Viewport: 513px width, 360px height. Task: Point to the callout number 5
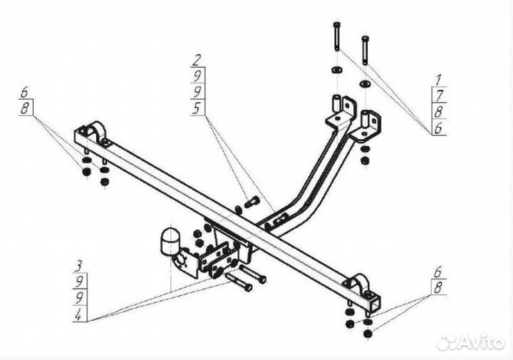click(x=197, y=109)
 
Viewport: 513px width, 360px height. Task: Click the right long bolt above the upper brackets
click(x=366, y=49)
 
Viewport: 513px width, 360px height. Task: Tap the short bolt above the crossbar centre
click(x=250, y=203)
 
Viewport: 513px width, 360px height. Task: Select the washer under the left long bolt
click(x=335, y=72)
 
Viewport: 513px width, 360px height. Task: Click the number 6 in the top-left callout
click(x=25, y=93)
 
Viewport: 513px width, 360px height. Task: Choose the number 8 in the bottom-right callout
click(x=438, y=287)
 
